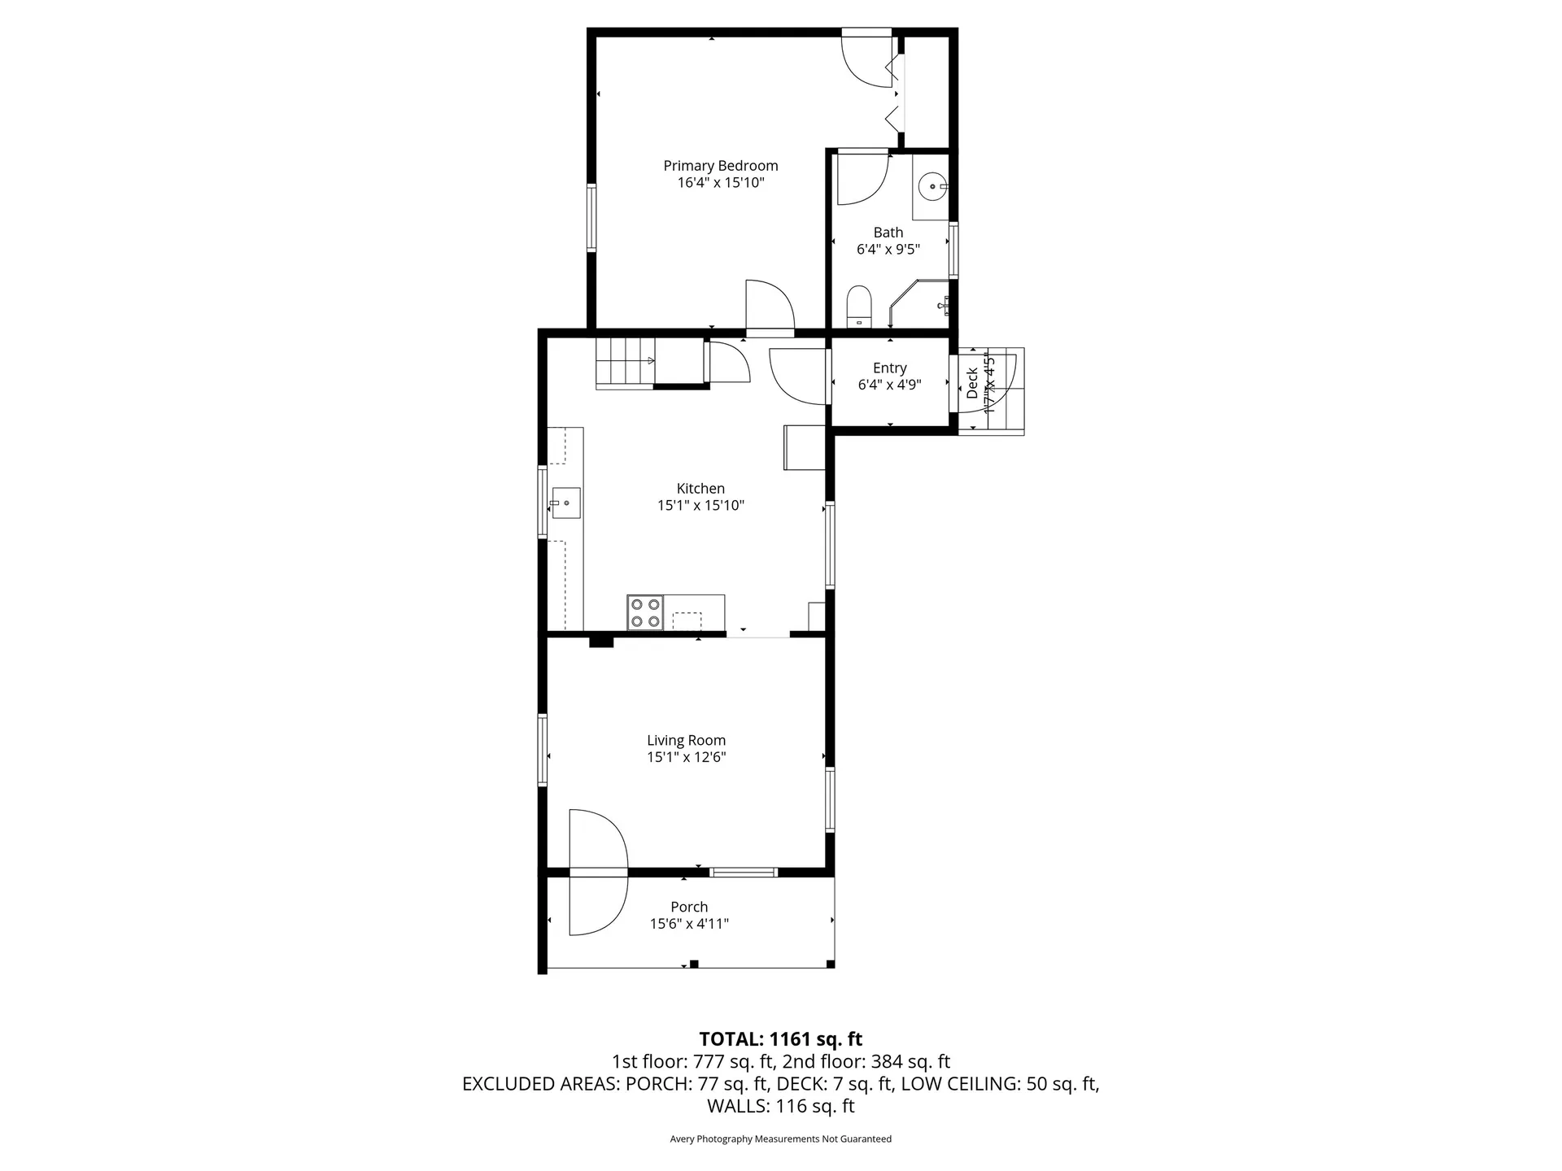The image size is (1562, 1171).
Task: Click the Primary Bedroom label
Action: (720, 166)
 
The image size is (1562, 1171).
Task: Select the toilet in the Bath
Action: (859, 307)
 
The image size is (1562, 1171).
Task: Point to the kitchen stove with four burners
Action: (645, 612)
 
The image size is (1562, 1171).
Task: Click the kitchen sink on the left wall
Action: (565, 503)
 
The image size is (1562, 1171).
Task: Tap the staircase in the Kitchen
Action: (625, 363)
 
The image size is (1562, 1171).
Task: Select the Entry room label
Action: (889, 368)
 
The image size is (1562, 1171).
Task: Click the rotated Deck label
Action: (972, 383)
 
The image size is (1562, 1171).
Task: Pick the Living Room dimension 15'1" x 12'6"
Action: (686, 757)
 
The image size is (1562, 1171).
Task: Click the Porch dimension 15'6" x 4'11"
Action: (689, 924)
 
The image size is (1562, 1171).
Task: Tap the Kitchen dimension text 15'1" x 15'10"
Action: (700, 505)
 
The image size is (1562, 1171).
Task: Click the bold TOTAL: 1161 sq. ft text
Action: (780, 1038)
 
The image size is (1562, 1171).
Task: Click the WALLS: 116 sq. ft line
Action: (780, 1106)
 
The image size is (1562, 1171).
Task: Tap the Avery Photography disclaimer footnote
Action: (780, 1138)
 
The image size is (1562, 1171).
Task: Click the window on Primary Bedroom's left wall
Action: (591, 217)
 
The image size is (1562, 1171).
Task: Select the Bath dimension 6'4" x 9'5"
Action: (888, 250)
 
